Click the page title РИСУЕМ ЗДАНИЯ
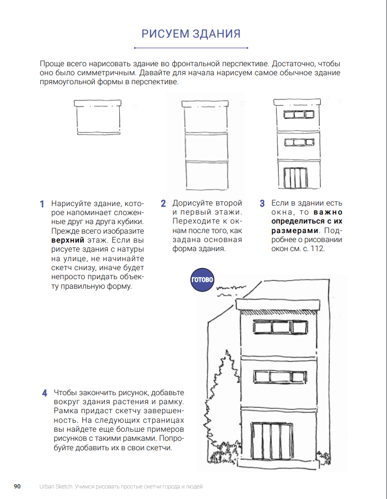(191, 34)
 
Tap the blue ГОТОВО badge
(202, 280)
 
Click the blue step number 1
(41, 204)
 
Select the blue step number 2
(164, 203)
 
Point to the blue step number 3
(262, 203)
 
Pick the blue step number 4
(45, 393)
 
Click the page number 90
(17, 486)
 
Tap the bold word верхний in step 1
(68, 240)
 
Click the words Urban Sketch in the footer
(56, 486)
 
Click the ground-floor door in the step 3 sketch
(295, 178)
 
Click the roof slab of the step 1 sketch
(98, 103)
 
